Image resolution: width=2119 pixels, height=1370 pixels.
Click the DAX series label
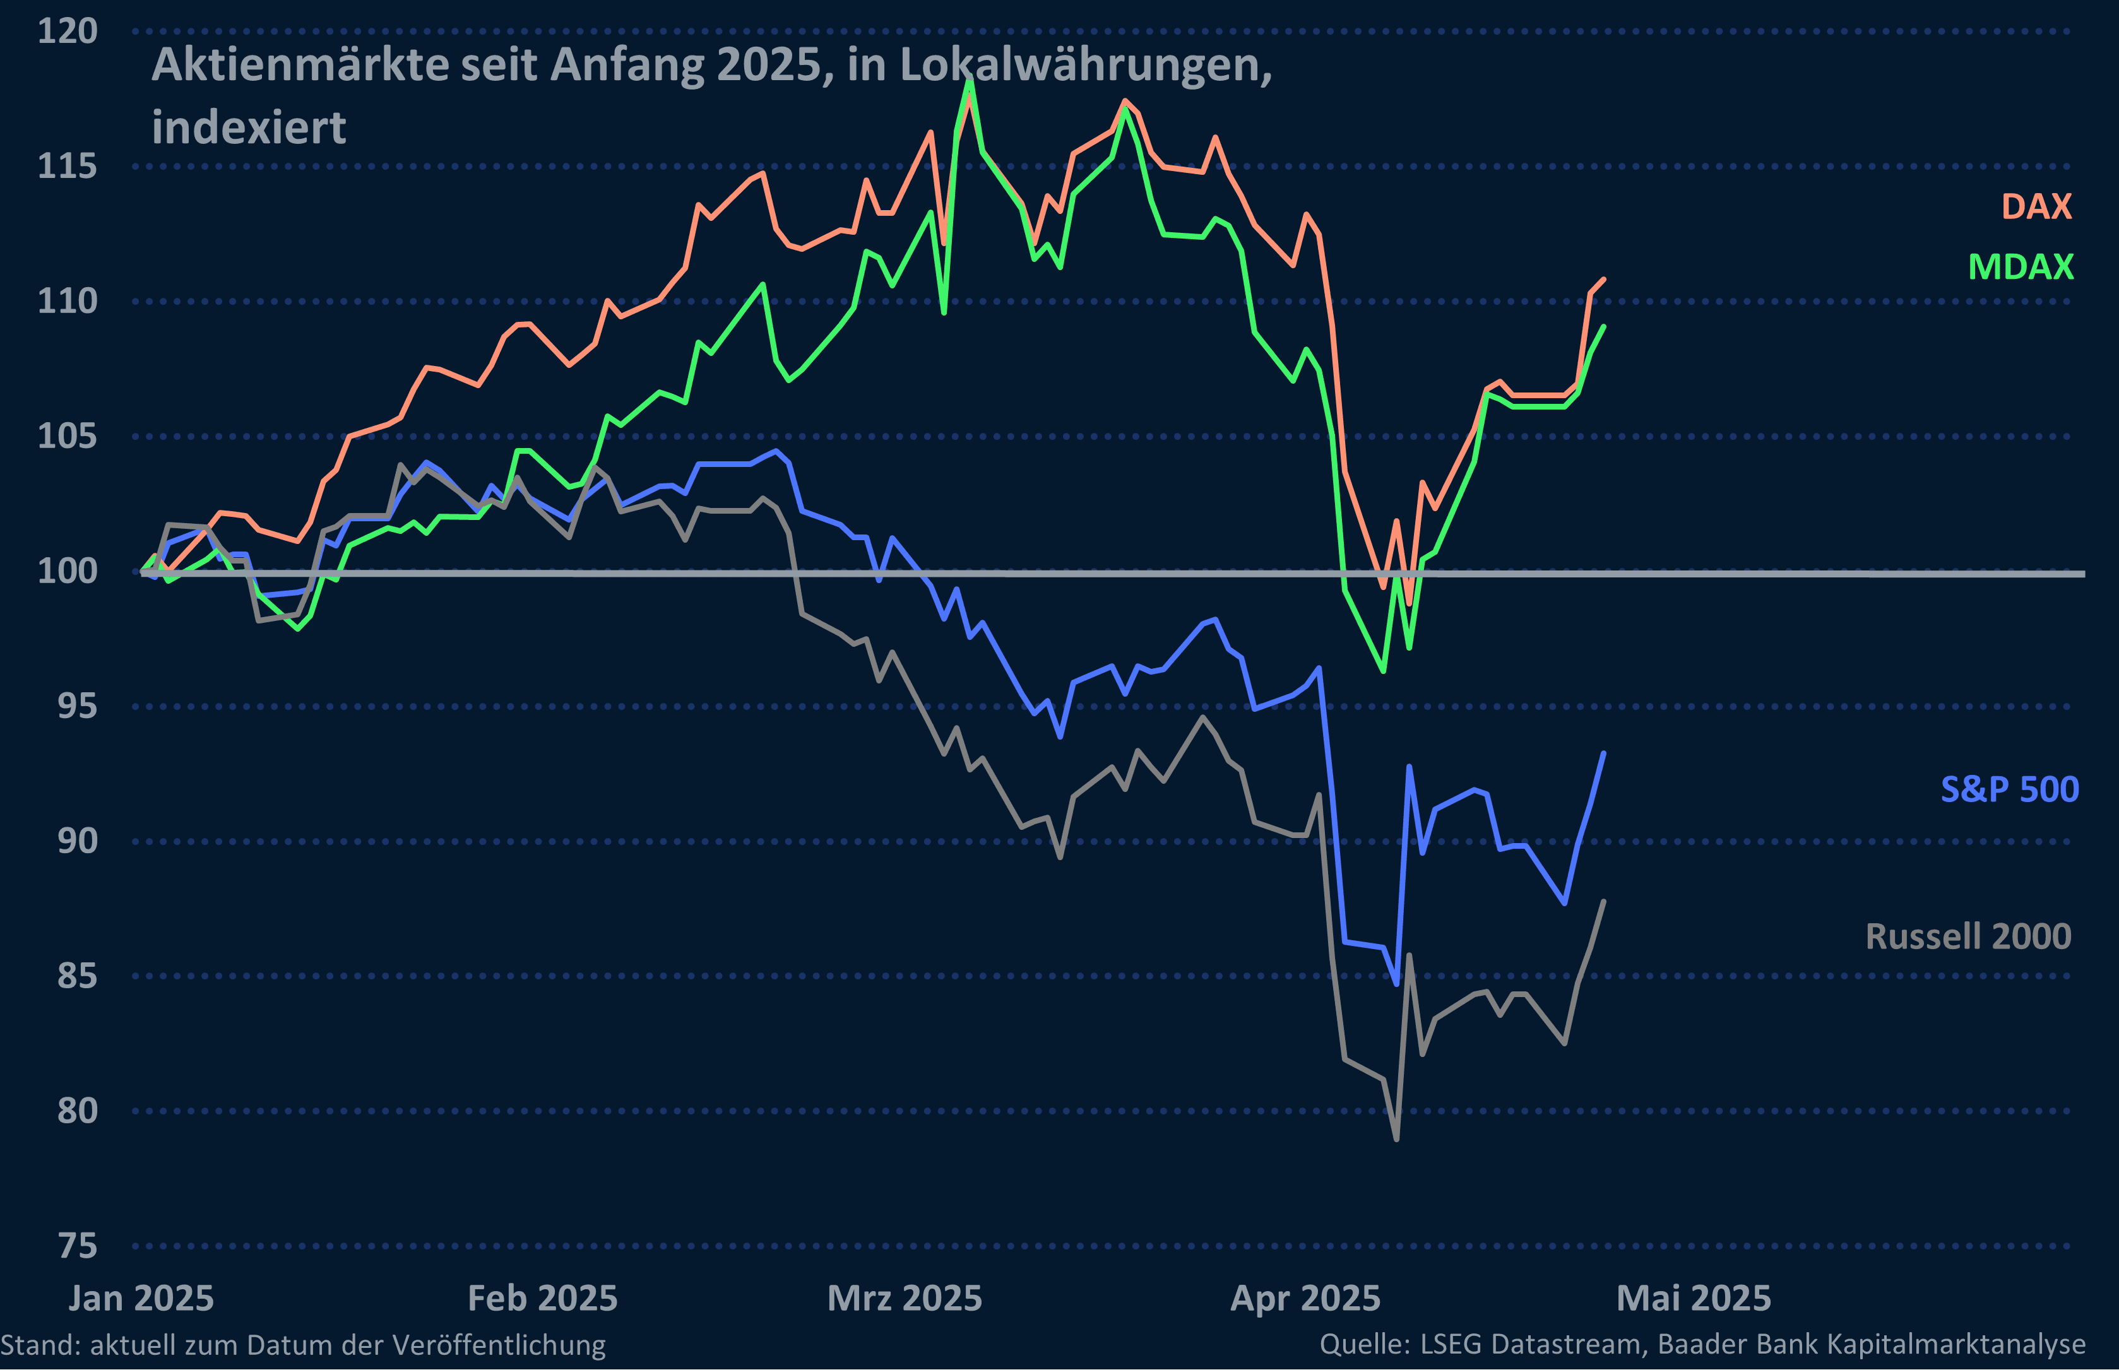pyautogui.click(x=2036, y=206)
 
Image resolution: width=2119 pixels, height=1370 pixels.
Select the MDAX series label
pyautogui.click(x=2021, y=267)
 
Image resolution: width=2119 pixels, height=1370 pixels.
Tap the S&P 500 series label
pyautogui.click(x=2010, y=789)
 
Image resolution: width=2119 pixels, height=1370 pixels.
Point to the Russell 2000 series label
pyautogui.click(x=1968, y=936)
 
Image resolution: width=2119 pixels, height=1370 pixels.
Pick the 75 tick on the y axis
pyautogui.click(x=78, y=1246)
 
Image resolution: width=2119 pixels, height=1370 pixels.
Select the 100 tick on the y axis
pyautogui.click(x=67, y=571)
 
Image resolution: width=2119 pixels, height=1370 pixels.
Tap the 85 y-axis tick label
pyautogui.click(x=78, y=976)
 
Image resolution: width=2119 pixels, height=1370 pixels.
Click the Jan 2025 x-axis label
pyautogui.click(x=141, y=1299)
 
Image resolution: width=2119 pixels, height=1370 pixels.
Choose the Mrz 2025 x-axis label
pyautogui.click(x=905, y=1299)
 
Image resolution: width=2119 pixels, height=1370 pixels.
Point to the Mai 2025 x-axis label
pyautogui.click(x=1693, y=1299)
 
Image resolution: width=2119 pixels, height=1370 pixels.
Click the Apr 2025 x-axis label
pyautogui.click(x=1305, y=1299)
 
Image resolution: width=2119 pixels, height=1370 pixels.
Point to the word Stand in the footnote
pyautogui.click(x=40, y=1344)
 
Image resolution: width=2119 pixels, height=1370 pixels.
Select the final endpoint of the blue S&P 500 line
pyautogui.click(x=1603, y=753)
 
